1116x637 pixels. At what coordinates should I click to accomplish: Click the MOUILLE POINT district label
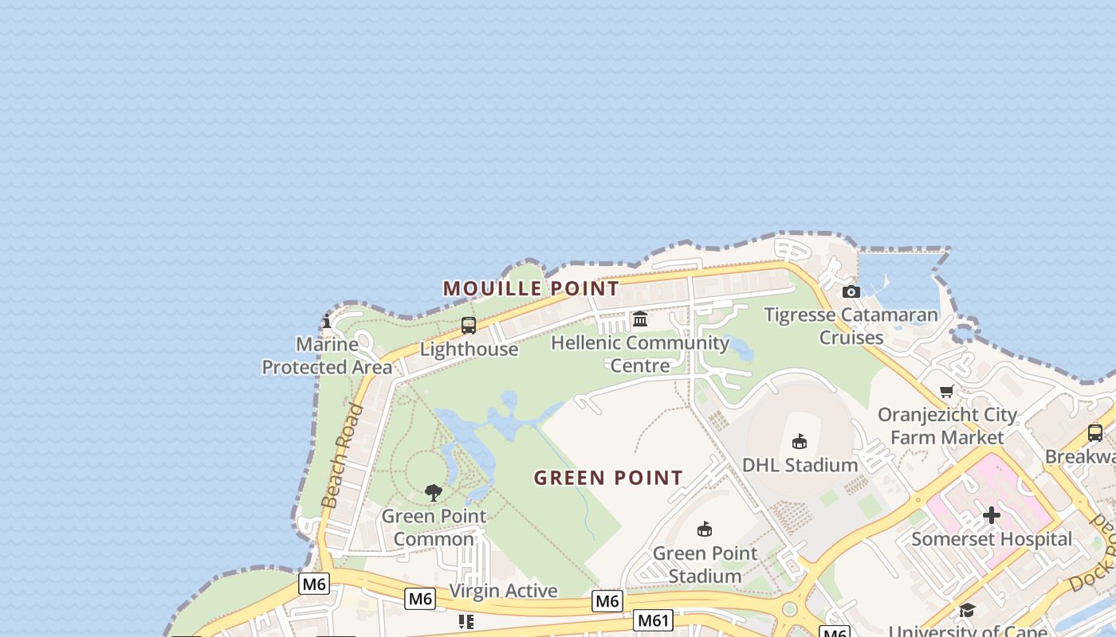531,288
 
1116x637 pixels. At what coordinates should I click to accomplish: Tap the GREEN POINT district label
608,478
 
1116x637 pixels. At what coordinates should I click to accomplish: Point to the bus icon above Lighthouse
469,326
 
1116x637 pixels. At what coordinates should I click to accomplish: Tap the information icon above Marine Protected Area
327,322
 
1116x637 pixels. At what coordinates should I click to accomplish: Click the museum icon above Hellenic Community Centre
640,319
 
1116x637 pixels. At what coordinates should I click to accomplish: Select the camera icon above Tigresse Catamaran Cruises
851,291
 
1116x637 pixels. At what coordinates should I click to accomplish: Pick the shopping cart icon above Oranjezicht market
946,391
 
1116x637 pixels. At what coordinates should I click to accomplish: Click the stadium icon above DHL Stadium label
800,441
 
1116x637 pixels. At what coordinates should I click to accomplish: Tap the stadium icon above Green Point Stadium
704,529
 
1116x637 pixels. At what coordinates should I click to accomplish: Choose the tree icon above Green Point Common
434,493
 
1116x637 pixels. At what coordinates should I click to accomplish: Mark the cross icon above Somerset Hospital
992,515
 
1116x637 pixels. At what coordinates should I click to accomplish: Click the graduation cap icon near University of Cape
967,610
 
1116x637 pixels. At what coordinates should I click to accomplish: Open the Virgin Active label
503,591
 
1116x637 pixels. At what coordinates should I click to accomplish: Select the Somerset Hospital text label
992,539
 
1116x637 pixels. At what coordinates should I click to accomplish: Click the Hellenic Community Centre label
640,354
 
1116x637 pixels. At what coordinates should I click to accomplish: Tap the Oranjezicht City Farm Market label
947,426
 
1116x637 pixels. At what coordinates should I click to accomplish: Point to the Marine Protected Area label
327,356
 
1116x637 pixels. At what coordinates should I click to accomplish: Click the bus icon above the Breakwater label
1095,433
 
